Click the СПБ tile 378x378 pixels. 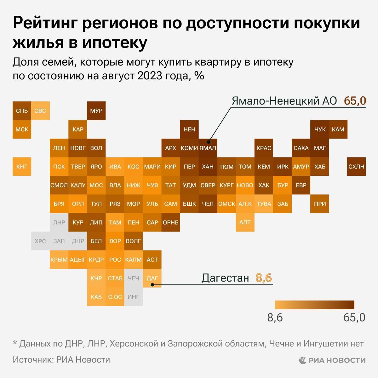[22, 111]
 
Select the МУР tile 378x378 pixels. [96, 111]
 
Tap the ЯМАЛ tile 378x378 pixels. [208, 148]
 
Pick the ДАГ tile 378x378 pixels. [152, 278]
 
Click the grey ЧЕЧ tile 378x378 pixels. [133, 278]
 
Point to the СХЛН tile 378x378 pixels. [357, 167]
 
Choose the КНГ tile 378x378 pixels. [22, 167]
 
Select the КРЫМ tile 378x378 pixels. [59, 260]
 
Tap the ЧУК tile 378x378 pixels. [320, 129]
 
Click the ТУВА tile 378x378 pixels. [264, 204]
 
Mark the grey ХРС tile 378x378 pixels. [40, 241]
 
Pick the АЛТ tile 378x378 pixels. [245, 222]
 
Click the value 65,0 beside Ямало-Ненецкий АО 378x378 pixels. [355, 101]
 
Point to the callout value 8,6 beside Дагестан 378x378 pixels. [264, 278]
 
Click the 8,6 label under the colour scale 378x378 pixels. [275, 318]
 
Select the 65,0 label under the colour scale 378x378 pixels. [354, 318]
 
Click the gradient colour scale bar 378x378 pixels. [314, 305]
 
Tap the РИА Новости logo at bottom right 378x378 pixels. [332, 360]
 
